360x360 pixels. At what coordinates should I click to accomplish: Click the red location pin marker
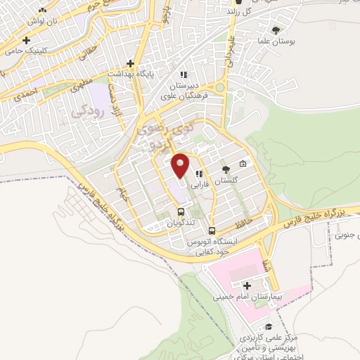coord(181,166)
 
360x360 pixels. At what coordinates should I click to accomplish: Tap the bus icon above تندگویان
coord(181,212)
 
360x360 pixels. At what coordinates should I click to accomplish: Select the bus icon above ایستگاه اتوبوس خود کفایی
coord(211,230)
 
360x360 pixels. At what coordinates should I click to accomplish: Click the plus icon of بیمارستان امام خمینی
coord(246,285)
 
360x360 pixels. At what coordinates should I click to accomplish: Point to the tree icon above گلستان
coord(226,169)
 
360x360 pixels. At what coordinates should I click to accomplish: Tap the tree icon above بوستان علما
coord(275,30)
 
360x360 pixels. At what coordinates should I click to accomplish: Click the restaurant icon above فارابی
coord(200,174)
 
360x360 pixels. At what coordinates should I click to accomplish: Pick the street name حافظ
coord(255,221)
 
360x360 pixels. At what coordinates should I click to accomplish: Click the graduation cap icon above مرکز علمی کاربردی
coord(269,328)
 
